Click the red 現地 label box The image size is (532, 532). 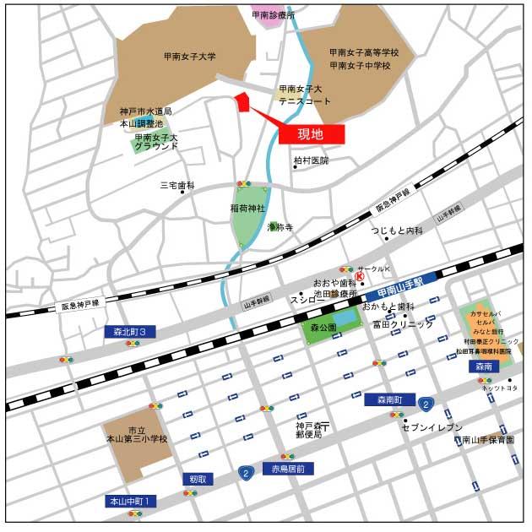(311, 133)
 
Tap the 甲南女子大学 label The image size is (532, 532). (190, 57)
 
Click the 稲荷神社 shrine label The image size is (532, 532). (247, 208)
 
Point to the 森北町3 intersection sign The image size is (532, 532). (131, 332)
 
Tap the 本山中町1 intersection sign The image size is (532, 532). (131, 502)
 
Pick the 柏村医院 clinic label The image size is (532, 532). (311, 160)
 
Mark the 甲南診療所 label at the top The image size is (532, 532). (274, 15)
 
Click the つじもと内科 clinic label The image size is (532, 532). (396, 231)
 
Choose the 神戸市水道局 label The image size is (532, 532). (145, 111)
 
